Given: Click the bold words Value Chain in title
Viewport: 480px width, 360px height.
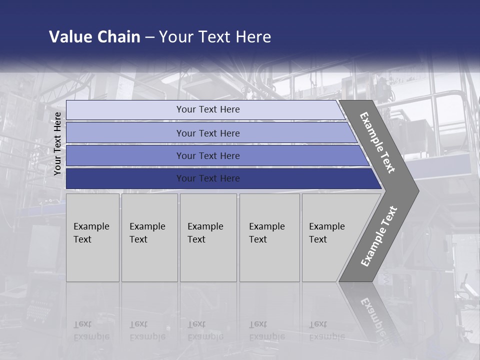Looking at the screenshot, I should point(94,37).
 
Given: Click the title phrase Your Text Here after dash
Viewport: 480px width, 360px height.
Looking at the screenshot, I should point(215,37).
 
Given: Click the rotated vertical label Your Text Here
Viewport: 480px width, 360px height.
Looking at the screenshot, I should point(57,144).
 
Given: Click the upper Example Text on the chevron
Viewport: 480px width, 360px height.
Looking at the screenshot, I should point(377,142).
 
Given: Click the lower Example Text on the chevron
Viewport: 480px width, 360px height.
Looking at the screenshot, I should point(378,236).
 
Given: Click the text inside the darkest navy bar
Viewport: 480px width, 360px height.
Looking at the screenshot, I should point(208,178).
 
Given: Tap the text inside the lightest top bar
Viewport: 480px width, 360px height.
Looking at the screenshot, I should point(208,109).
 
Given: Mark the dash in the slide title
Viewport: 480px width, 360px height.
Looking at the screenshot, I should point(149,37).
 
